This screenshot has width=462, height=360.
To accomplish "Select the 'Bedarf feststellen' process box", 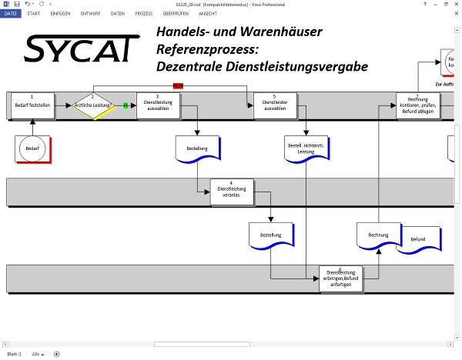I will tap(32, 105).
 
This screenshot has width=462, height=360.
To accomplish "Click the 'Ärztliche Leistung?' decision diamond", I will tap(92, 105).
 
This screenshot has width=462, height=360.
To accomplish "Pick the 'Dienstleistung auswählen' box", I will tap(158, 105).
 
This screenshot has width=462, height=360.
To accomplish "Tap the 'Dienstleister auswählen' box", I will tap(275, 105).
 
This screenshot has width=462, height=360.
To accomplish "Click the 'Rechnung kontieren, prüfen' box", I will tap(418, 105).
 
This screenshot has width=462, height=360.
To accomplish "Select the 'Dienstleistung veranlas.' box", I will tap(232, 192).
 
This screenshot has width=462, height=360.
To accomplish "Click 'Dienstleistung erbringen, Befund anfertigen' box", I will tap(340, 278).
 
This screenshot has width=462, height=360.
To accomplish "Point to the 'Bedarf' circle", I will tap(32, 147).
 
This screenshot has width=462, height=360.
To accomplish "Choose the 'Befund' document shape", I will tap(418, 239).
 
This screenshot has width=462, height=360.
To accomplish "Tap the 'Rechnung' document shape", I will tap(378, 235).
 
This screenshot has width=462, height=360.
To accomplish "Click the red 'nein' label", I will tap(178, 85).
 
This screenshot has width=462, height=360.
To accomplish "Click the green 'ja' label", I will tap(126, 105).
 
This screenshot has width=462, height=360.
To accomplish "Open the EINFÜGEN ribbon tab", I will tap(60, 14).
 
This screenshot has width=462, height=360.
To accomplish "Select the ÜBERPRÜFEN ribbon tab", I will tap(176, 14).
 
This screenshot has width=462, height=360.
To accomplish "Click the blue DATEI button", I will tap(11, 14).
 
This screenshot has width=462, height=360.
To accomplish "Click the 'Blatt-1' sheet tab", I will tap(14, 354).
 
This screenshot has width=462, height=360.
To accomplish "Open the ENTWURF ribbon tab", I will tap(90, 14).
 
